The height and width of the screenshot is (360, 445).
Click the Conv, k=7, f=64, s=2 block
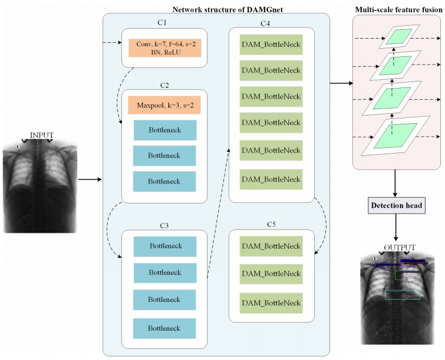pyautogui.click(x=165, y=48)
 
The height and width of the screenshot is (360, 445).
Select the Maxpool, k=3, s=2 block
pyautogui.click(x=164, y=105)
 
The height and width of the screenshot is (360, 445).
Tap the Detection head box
pyautogui.click(x=396, y=205)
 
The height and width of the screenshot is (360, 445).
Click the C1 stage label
pyautogui.click(x=162, y=23)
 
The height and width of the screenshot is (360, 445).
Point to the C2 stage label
pyautogui.click(x=164, y=85)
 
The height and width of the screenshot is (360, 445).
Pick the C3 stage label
pyautogui.click(x=164, y=225)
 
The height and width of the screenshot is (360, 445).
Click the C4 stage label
pyautogui.click(x=266, y=23)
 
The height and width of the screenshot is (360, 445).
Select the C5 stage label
pyautogui.click(x=271, y=225)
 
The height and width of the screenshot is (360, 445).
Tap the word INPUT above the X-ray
pyautogui.click(x=42, y=135)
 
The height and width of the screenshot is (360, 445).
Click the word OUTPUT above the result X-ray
pyautogui.click(x=400, y=247)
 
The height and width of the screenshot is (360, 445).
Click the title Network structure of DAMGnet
pyautogui.click(x=227, y=9)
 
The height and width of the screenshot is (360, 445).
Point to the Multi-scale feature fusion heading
pyautogui.click(x=399, y=9)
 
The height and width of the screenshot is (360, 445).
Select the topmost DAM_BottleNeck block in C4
pyautogui.click(x=271, y=45)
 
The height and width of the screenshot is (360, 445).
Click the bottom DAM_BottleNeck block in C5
pyautogui.click(x=271, y=303)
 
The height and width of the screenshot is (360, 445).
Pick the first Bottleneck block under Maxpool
pyautogui.click(x=165, y=130)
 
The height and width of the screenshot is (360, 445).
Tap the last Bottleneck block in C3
pyautogui.click(x=164, y=328)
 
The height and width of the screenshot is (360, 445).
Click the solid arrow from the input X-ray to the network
pyautogui.click(x=90, y=179)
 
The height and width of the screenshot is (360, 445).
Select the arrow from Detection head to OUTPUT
pyautogui.click(x=396, y=227)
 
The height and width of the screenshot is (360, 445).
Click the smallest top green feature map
pyautogui.click(x=399, y=36)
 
